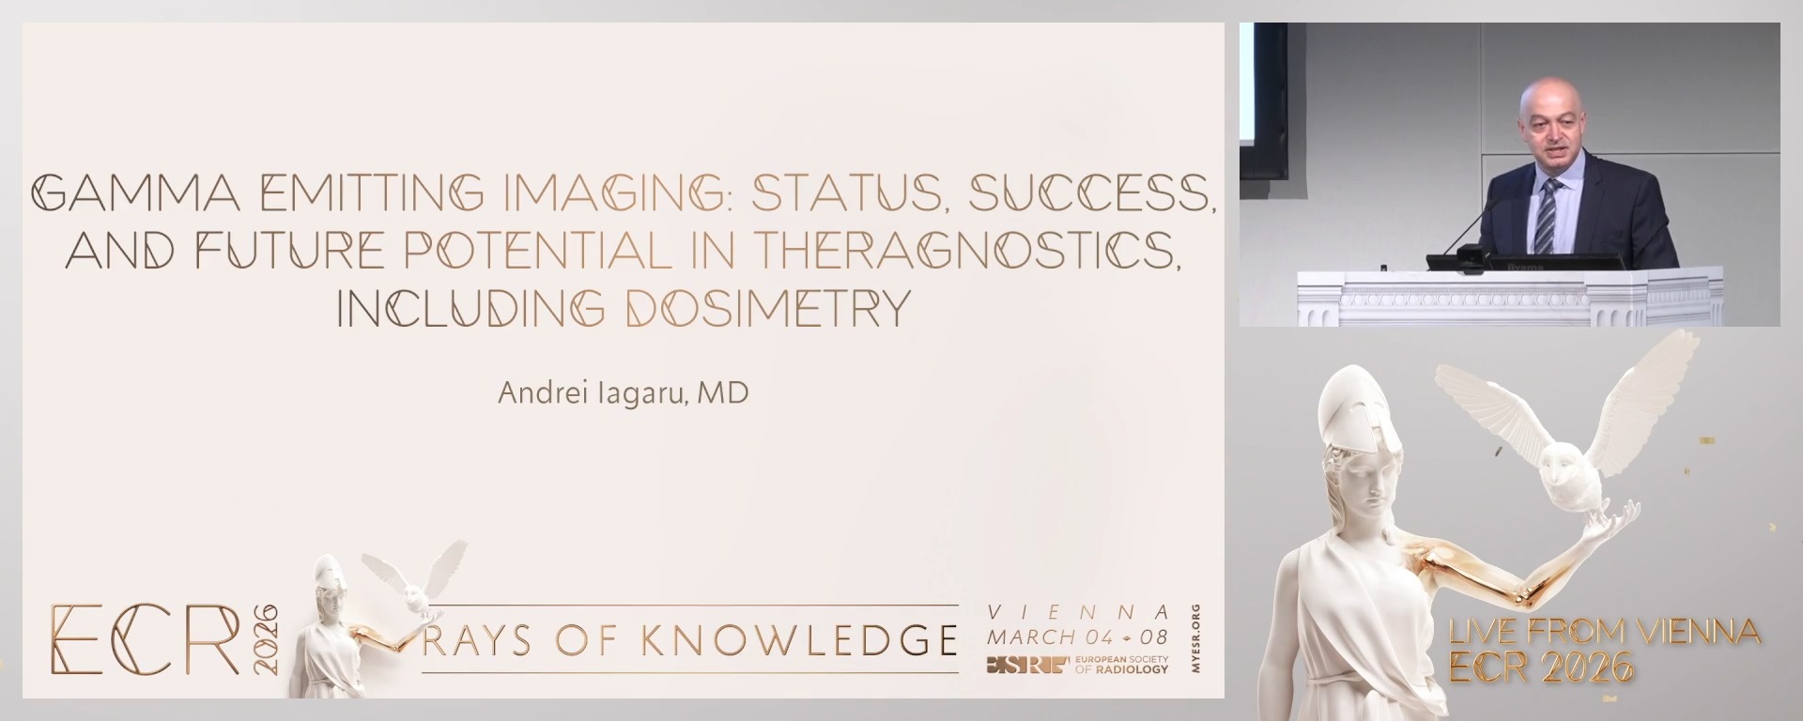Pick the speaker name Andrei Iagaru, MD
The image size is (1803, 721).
pyautogui.click(x=623, y=392)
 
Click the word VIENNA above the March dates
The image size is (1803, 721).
pyautogui.click(x=1078, y=612)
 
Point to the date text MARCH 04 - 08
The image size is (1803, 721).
pyautogui.click(x=1077, y=637)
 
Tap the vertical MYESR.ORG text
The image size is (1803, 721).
pyautogui.click(x=1195, y=638)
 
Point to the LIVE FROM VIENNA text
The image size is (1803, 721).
pyautogui.click(x=1603, y=632)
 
